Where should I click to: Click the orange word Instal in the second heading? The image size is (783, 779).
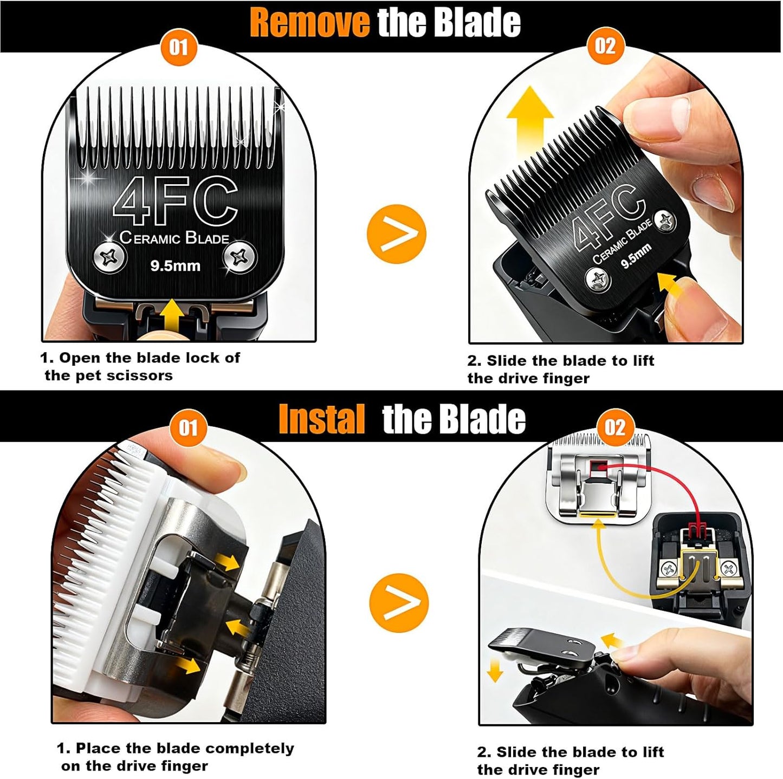(x=321, y=419)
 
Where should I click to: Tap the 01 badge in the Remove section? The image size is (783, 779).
(x=178, y=47)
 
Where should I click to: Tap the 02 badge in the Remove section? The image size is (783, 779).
(x=605, y=46)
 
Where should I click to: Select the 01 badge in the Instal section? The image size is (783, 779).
(x=187, y=428)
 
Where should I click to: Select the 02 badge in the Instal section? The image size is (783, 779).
(x=615, y=427)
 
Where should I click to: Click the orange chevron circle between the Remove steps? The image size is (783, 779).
(x=396, y=234)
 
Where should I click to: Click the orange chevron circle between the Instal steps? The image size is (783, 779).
(x=398, y=602)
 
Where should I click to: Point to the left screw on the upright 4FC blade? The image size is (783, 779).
(x=110, y=257)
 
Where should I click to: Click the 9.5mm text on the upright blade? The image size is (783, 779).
(x=175, y=266)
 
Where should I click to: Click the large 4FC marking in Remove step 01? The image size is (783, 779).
(x=175, y=200)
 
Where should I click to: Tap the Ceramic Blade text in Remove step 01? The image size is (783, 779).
(x=174, y=238)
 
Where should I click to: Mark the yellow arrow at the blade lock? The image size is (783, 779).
(x=172, y=314)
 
